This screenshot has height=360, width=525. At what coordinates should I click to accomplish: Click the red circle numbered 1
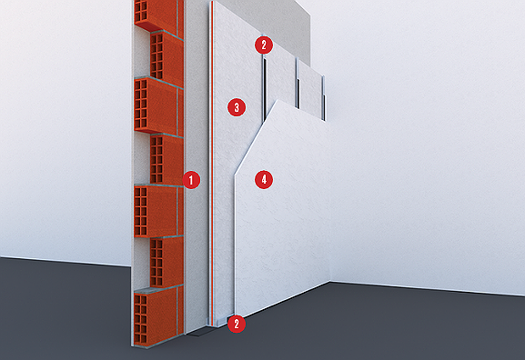(191, 180)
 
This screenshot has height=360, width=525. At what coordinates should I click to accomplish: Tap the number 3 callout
(237, 107)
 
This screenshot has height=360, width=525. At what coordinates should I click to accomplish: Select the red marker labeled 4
(264, 180)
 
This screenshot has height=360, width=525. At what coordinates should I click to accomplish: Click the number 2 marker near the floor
(237, 324)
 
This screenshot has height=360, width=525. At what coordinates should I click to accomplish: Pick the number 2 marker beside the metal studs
(264, 45)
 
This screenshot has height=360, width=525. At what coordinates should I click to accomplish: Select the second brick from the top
(167, 57)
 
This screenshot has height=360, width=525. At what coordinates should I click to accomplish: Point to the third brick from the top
(158, 105)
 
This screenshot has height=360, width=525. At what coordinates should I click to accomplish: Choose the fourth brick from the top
(167, 159)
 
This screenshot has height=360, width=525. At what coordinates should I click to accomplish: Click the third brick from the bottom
(158, 211)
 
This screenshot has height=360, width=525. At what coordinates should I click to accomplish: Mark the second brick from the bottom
(167, 263)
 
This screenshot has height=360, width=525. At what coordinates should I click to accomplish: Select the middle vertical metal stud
(298, 84)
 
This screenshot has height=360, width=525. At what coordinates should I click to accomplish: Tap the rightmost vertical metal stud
(323, 97)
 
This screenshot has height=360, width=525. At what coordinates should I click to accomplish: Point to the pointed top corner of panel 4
(278, 100)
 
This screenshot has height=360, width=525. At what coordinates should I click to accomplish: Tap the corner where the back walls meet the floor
(331, 282)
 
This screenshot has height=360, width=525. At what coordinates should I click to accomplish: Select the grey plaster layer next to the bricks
(197, 167)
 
